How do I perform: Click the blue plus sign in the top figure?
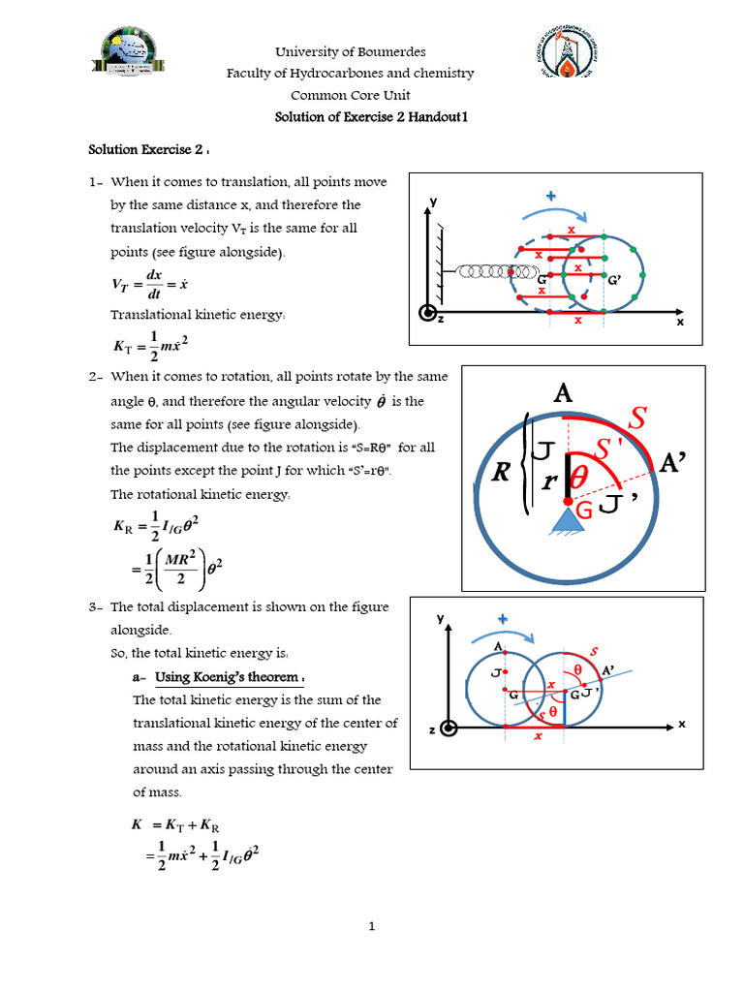click(551, 197)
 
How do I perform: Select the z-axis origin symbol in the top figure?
click(426, 313)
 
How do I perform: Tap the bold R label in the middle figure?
click(501, 473)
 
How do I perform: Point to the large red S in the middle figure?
click(637, 418)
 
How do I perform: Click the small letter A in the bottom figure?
click(498, 647)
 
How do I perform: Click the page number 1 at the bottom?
click(372, 927)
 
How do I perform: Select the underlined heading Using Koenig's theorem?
click(229, 676)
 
